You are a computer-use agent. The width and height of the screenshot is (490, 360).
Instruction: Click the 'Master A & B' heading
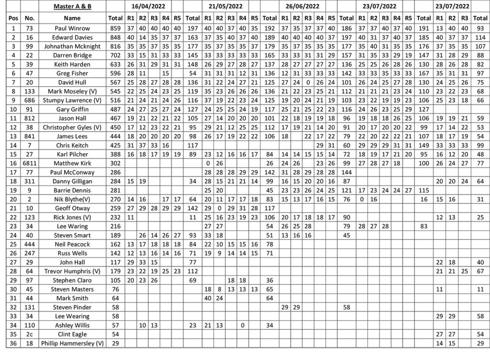click(72, 6)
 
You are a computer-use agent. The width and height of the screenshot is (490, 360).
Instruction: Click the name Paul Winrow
click(72, 28)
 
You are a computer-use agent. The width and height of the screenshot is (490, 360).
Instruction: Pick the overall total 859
click(115, 28)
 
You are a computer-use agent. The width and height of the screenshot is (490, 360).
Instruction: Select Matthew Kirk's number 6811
click(30, 163)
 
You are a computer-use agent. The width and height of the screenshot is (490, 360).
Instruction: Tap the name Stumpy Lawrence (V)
click(72, 100)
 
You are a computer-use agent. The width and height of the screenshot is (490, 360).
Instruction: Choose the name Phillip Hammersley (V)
click(72, 343)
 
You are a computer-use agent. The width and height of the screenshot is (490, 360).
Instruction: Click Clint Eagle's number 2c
click(30, 334)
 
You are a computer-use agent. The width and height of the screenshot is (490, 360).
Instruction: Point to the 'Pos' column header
click(13, 18)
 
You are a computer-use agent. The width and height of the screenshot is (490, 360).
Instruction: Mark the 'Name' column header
click(72, 18)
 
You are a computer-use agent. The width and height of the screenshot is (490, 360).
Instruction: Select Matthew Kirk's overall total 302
click(115, 163)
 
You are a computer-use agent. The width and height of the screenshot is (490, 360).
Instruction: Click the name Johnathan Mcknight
click(72, 46)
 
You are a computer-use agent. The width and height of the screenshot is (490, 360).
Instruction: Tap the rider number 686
click(30, 100)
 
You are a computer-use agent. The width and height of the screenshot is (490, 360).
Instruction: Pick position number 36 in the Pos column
click(13, 343)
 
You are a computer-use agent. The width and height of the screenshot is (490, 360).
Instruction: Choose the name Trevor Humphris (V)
click(72, 271)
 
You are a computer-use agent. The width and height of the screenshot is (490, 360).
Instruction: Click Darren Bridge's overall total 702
click(115, 56)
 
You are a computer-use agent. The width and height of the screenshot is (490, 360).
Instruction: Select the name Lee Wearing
click(72, 316)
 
